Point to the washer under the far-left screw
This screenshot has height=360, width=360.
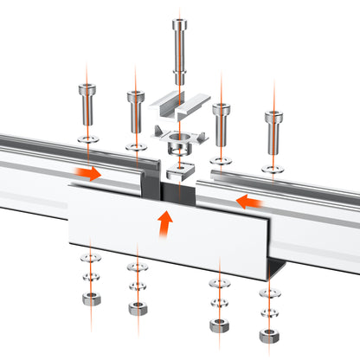pos(88,137)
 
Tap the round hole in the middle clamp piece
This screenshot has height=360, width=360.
pos(180,139)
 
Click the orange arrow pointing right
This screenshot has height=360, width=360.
pos(87,173)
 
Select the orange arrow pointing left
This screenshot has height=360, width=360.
pos(252,202)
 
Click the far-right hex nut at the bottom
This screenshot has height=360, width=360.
pos(268,335)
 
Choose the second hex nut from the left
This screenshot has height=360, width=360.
pos(136,308)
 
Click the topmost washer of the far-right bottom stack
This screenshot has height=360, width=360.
pos(268,290)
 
